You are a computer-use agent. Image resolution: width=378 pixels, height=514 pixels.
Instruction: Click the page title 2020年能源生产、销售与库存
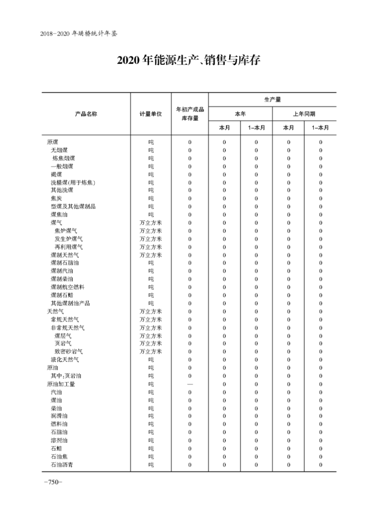coord(189,61)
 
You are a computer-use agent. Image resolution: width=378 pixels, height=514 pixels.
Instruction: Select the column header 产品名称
coord(86,114)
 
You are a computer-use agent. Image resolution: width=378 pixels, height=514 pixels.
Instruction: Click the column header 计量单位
coord(151,114)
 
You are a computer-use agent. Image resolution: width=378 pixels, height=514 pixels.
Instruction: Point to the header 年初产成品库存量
coord(189,114)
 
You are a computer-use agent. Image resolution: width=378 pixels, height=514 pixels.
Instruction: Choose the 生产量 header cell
coord(272,100)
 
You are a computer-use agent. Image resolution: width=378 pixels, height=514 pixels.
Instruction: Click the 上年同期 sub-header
coord(304,114)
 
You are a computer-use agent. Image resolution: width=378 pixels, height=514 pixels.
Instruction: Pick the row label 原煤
coord(53,142)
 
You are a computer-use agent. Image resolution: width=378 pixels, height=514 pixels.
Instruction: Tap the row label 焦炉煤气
coord(69,231)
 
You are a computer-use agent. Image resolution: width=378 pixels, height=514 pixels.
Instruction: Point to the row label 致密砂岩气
coord(69,351)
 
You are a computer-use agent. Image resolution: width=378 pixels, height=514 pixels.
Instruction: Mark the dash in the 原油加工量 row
coord(189,384)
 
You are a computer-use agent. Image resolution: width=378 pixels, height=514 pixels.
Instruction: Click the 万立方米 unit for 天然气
coord(151,311)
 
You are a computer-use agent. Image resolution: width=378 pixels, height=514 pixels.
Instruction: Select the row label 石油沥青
coord(61,464)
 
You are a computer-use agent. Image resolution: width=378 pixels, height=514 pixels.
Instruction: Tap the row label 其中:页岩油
coord(66,376)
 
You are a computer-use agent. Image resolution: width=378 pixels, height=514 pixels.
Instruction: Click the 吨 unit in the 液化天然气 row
coord(151,360)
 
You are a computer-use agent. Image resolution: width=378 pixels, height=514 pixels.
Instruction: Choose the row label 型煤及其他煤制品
coord(73,206)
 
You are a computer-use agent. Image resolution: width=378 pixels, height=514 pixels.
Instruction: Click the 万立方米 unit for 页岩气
coord(151,343)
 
